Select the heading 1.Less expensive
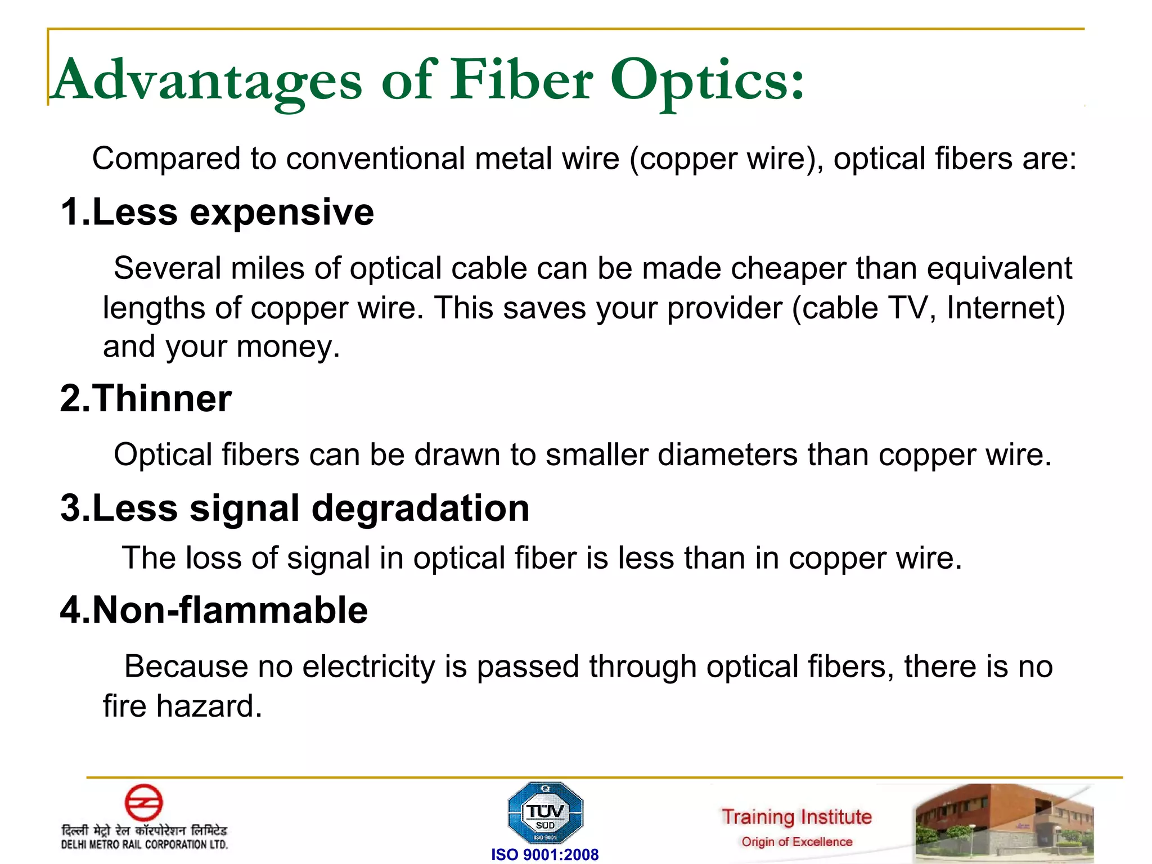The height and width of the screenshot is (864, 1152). [x=217, y=213]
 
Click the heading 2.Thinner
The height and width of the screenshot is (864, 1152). [x=146, y=399]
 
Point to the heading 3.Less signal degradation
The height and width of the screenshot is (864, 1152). [x=295, y=508]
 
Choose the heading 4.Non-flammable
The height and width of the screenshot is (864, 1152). [x=214, y=610]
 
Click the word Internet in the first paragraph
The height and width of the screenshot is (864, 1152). [x=1006, y=308]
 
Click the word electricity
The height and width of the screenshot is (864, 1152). [x=368, y=667]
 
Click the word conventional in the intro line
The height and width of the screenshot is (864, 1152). [x=375, y=159]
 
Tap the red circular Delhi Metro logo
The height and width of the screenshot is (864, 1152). [x=143, y=803]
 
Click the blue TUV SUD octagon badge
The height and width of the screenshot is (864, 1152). [x=545, y=813]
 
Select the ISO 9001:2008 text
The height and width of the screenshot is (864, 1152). [x=544, y=854]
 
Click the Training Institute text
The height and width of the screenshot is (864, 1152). [x=796, y=817]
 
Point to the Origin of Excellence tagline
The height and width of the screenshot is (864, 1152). [x=796, y=842]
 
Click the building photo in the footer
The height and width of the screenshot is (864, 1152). [x=1004, y=823]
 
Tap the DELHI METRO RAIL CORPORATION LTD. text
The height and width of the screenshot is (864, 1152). [x=145, y=844]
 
